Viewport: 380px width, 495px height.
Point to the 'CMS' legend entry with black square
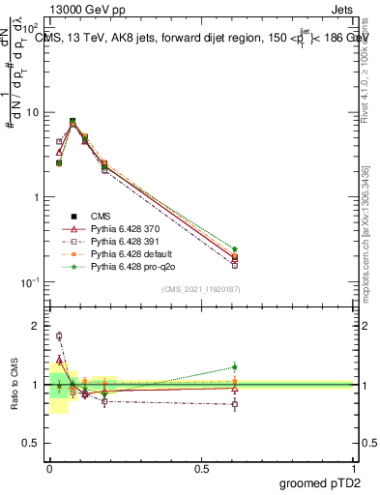(x=101, y=216)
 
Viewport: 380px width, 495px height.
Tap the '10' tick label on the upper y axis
(x=34, y=112)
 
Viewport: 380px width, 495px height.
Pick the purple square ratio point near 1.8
(x=59, y=336)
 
